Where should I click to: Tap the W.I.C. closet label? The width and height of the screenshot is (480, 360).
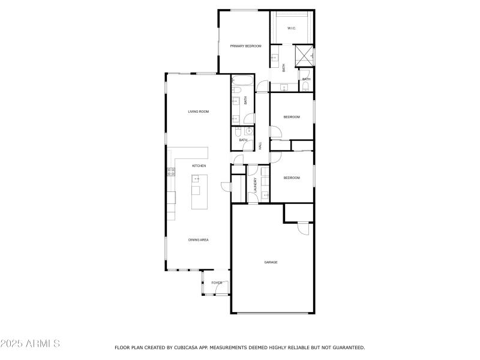[291, 28]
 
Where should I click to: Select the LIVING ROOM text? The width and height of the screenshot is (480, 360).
[198, 112]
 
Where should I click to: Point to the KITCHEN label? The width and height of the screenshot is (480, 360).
[199, 166]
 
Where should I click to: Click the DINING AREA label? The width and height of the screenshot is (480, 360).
[199, 240]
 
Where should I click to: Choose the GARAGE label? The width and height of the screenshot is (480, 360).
[271, 262]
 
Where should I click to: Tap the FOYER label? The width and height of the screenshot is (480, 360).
[217, 283]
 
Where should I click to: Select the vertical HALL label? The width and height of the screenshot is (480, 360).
[260, 146]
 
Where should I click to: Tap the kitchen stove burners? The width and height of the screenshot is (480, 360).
[171, 172]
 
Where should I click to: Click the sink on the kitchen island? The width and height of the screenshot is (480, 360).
[196, 179]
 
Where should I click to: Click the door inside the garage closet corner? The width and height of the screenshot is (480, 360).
[303, 227]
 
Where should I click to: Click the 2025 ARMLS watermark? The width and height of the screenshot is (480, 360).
[30, 344]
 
